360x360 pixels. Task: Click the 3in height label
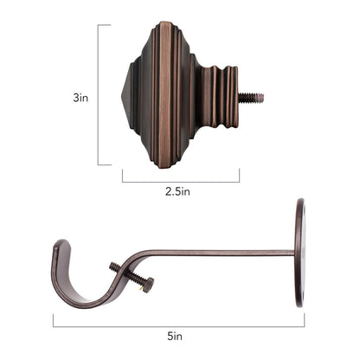pyautogui.click(x=80, y=98)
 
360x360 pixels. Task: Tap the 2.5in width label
pyautogui.click(x=180, y=192)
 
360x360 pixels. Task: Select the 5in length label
pyautogui.click(x=177, y=335)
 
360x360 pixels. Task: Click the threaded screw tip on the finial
pyautogui.click(x=253, y=98)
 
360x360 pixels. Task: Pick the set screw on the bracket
pyautogui.click(x=131, y=276)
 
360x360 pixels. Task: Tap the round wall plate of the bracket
pyautogui.click(x=299, y=252)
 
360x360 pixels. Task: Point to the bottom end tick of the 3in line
pyautogui.click(x=103, y=164)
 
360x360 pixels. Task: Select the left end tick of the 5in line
pyautogui.click(x=53, y=321)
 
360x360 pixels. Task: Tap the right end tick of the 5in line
pyautogui.click(x=304, y=321)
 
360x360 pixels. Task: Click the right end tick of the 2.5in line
pyautogui.click(x=239, y=176)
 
